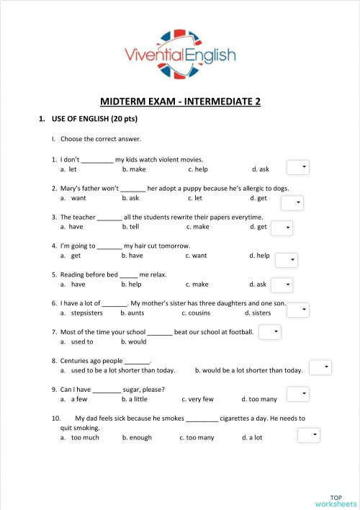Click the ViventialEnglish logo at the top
point(179,53)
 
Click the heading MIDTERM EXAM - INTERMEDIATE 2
point(180,102)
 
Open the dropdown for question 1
point(298,167)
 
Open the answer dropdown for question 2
point(292,202)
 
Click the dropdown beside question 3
point(282,228)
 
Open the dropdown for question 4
point(286,260)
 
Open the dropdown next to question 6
point(298,310)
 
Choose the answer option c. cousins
point(195,313)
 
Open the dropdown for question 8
point(320,367)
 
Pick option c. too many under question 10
point(197,437)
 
